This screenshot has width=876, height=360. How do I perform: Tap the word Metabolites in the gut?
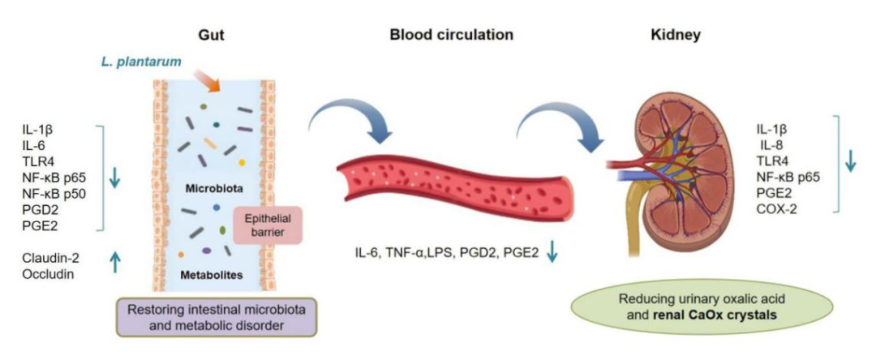pyautogui.click(x=210, y=275)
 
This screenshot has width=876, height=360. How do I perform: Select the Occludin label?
pyautogui.click(x=48, y=275)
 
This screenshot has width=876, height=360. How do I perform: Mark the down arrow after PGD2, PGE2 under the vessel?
pyautogui.click(x=552, y=255)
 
